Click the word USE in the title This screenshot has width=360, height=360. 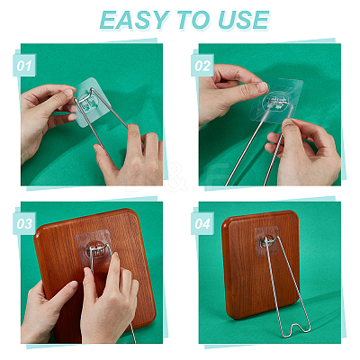tap(243, 20)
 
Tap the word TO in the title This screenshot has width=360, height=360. tap(194, 20)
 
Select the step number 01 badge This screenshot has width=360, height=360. tap(24, 66)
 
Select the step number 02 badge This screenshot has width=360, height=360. tap(202, 66)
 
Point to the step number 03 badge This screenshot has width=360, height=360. tap(24, 223)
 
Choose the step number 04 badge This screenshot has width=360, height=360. tap(202, 223)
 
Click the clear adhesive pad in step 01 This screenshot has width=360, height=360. tap(93, 103)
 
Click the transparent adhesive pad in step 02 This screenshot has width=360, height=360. tap(276, 101)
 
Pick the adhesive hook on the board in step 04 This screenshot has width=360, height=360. tap(266, 241)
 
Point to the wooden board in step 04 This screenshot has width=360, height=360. tap(260, 264)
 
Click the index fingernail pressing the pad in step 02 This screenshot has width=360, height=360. tap(262, 87)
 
